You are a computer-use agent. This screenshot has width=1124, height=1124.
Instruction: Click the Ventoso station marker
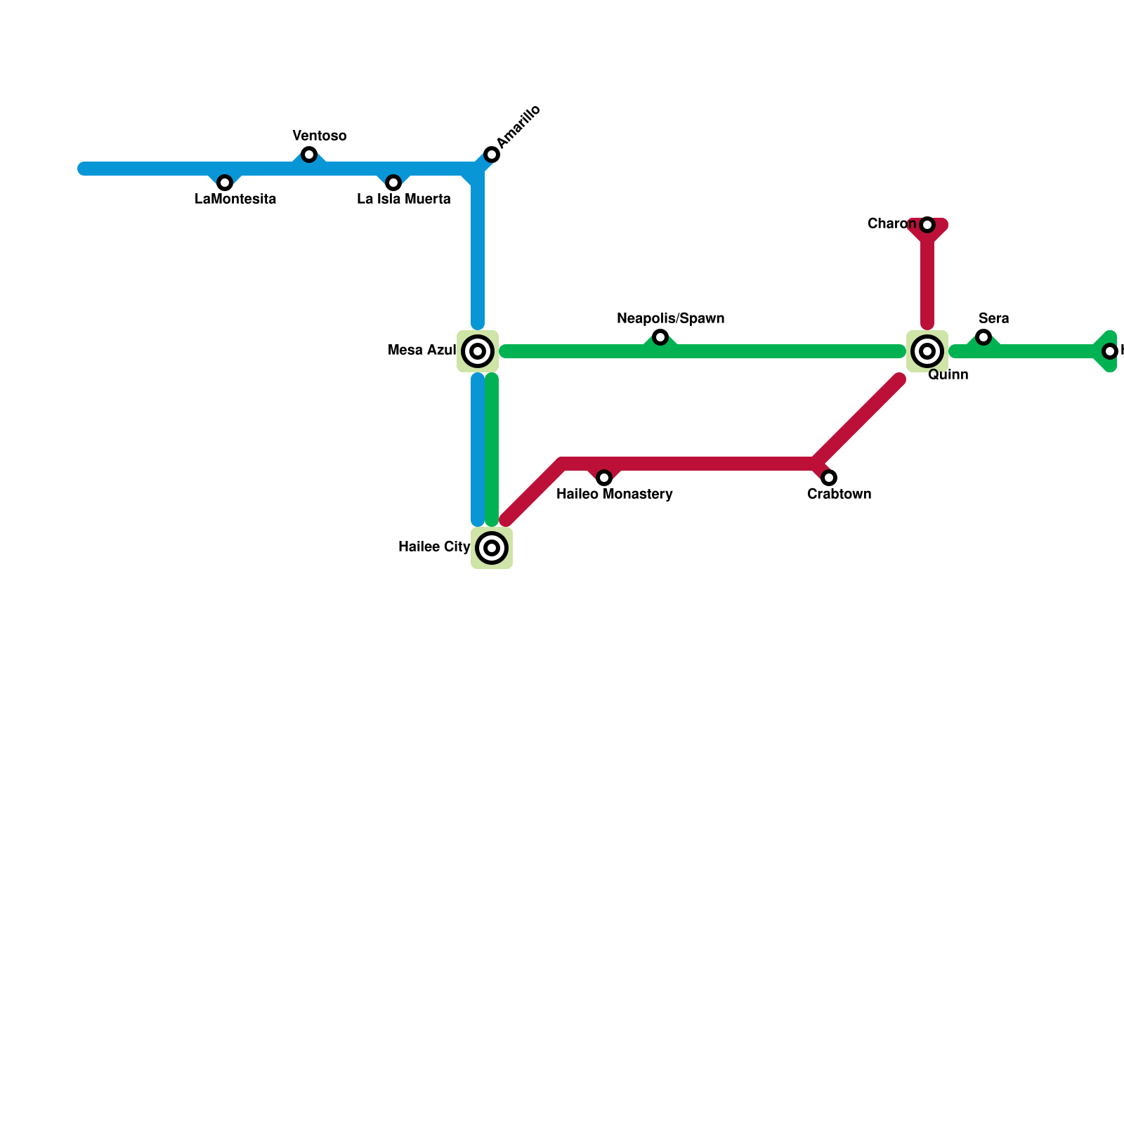coord(309,155)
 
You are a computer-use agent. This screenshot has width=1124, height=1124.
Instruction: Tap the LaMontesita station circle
coord(225,183)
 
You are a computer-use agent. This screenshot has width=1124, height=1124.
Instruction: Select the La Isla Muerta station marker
coord(393,183)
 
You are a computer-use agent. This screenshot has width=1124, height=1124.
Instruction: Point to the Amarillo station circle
coord(492,155)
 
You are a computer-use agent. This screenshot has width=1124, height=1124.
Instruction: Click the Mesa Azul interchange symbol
coord(478,351)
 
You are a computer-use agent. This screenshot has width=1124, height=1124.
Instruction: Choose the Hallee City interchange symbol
coord(492,548)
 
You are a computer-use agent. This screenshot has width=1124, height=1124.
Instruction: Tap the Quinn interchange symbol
coord(927,351)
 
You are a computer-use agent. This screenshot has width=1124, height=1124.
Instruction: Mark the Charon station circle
coord(927,225)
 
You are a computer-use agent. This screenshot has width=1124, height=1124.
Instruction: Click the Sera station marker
coord(983,337)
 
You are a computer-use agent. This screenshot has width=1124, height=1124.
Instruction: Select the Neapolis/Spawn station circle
coord(660,337)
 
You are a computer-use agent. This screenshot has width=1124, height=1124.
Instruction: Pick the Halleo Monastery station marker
coord(604,478)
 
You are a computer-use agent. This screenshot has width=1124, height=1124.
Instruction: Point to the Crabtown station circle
coord(829,478)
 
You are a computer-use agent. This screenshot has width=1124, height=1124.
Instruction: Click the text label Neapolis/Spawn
coord(670,319)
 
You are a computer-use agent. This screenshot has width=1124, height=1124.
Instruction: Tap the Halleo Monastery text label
coord(614,495)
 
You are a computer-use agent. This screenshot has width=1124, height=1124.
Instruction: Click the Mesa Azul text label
coord(421,351)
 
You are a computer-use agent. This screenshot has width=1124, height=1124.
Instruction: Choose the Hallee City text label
coord(433,547)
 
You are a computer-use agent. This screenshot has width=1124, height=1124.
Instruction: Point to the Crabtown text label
coord(839,495)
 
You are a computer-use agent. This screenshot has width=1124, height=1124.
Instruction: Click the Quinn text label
coord(948,375)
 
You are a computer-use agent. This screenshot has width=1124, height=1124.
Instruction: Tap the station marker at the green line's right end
coord(1110,351)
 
